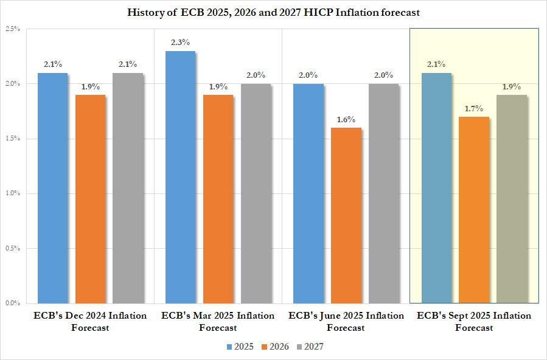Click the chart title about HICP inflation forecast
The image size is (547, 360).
tap(273, 12)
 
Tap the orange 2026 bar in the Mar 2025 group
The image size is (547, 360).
tap(218, 198)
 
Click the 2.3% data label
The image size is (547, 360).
tap(181, 42)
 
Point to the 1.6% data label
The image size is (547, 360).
tap(346, 119)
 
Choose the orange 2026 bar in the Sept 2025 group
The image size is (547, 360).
tap(474, 209)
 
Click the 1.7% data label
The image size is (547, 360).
tap(474, 108)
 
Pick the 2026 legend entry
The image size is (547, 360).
tap(276, 347)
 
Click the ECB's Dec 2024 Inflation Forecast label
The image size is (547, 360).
tap(90, 322)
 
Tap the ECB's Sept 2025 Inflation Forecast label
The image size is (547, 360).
tap(474, 322)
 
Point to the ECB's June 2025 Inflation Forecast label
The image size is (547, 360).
tap(346, 322)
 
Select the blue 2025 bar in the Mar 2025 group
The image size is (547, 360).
tap(181, 176)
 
